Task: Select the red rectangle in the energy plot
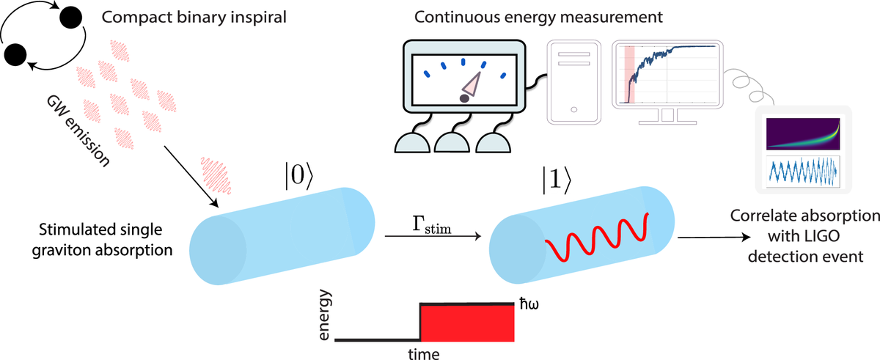[x=466, y=323]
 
